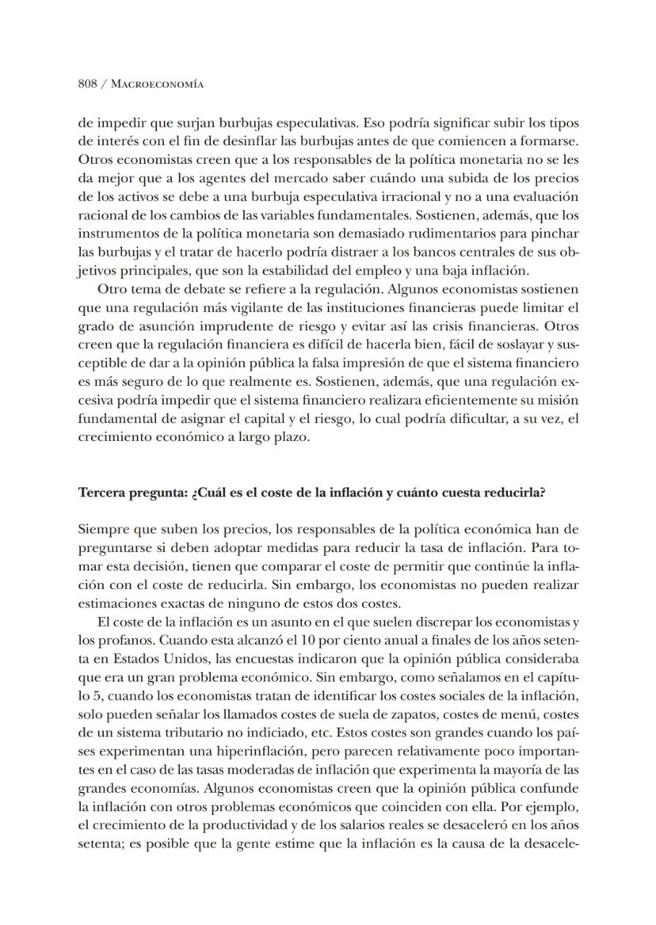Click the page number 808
tap(87, 85)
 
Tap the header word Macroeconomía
tap(158, 85)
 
